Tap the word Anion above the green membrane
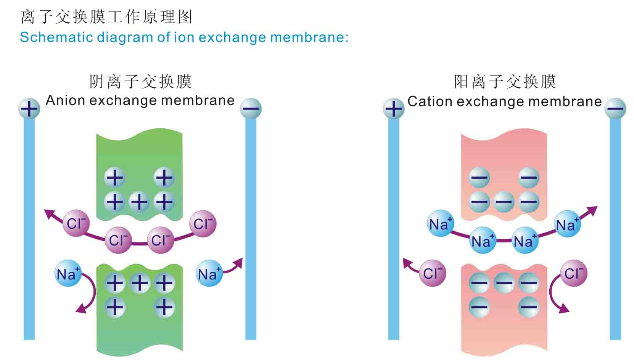point(65,100)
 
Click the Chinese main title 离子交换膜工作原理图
point(106,17)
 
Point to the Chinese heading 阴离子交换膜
point(140,81)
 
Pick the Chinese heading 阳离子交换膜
point(505,81)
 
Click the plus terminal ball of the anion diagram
point(29,108)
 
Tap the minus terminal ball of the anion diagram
point(251,108)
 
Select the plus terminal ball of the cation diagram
point(393,108)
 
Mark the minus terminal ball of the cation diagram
point(615,108)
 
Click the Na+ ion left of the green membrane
point(68,273)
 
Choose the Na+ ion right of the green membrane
point(209,273)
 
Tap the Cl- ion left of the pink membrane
point(432,273)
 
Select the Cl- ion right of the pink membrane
point(573,273)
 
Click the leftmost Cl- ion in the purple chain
point(76,223)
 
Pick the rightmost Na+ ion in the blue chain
point(567,224)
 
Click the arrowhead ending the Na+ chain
point(592,210)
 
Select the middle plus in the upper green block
point(139,201)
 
